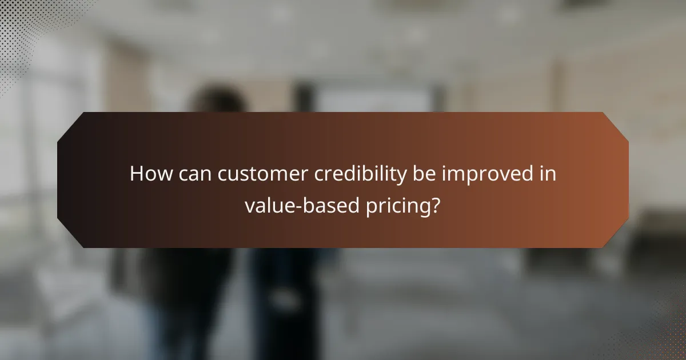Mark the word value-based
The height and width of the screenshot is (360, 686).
click(304, 205)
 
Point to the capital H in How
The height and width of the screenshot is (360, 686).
click(136, 174)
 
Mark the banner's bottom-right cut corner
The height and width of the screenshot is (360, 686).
click(617, 237)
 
